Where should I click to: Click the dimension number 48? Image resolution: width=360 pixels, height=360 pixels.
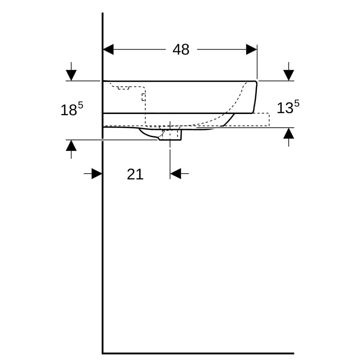click(x=181, y=49)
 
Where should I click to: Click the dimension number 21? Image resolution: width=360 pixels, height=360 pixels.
click(x=135, y=174)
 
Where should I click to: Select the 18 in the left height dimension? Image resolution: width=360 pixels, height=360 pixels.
click(x=68, y=110)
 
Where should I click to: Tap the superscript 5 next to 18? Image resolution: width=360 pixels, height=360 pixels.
click(x=80, y=105)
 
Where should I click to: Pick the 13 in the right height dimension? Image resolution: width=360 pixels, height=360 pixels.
click(x=285, y=108)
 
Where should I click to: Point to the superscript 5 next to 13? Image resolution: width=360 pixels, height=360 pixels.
click(x=297, y=104)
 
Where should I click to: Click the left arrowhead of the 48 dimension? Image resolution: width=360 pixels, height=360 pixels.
click(x=108, y=49)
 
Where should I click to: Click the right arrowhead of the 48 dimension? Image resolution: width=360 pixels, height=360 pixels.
click(x=252, y=49)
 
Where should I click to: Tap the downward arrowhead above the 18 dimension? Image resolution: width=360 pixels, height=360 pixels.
click(x=71, y=75)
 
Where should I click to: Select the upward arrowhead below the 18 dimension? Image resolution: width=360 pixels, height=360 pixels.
click(x=71, y=145)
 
